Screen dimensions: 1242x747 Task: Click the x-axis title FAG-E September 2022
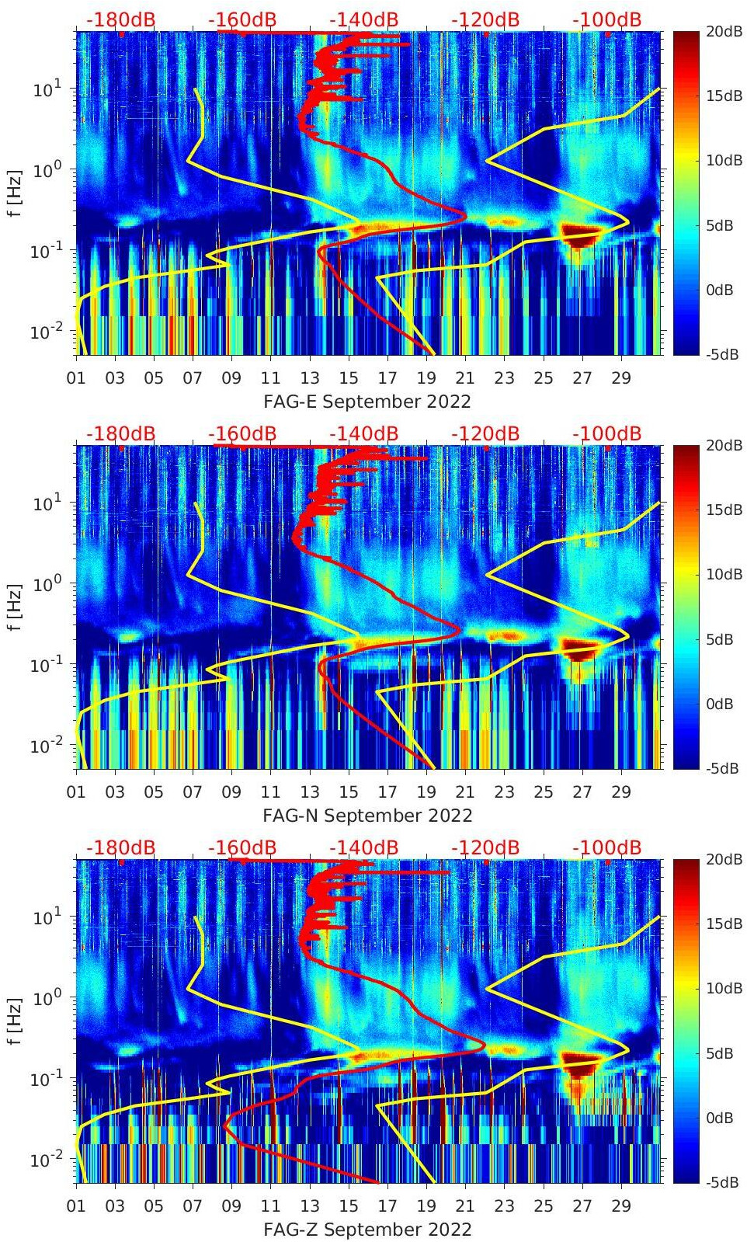click(x=367, y=402)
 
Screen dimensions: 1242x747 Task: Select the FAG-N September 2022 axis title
click(x=367, y=816)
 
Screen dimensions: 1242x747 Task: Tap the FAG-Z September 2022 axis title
click(x=367, y=1230)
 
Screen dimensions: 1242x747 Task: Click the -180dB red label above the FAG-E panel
click(x=120, y=19)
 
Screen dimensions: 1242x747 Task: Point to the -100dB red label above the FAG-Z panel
click(x=606, y=847)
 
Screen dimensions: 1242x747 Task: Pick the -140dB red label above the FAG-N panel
click(x=363, y=433)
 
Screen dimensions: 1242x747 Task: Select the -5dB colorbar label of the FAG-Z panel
click(x=723, y=1182)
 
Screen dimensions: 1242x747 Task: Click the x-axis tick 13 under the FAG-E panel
click(x=310, y=378)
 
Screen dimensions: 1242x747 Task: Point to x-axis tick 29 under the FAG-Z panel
click(x=621, y=1206)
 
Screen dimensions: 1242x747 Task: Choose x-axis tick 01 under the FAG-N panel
click(x=76, y=792)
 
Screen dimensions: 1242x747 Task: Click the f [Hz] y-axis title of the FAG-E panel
click(x=14, y=193)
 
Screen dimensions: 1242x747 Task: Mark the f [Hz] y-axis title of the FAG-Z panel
click(x=14, y=1021)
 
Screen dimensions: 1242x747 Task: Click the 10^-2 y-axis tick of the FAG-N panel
click(x=46, y=746)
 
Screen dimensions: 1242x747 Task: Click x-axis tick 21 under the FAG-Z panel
click(x=465, y=1206)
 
